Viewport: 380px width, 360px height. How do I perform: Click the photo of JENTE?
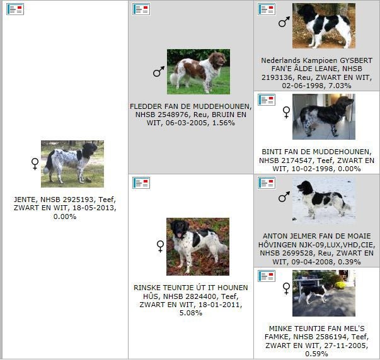(72, 164)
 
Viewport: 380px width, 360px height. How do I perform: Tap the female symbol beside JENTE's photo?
(35, 164)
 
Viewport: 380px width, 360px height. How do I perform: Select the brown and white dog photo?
(199, 72)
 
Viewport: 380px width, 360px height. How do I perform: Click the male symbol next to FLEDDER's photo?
(159, 71)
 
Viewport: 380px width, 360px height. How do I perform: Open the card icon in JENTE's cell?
(15, 9)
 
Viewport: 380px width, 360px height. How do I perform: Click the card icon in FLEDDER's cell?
(141, 9)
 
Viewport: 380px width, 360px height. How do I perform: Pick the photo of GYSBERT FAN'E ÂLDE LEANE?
(324, 26)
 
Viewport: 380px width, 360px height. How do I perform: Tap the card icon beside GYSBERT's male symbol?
(267, 9)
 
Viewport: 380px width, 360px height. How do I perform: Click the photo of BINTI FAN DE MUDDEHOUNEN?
(324, 116)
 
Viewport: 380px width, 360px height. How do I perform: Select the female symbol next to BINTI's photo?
(287, 113)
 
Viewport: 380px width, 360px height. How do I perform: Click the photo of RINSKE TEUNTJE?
(198, 247)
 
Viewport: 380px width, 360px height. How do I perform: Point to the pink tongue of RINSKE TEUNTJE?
(179, 235)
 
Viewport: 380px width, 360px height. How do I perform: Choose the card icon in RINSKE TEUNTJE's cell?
(141, 183)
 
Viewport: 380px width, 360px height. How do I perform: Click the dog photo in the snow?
(324, 200)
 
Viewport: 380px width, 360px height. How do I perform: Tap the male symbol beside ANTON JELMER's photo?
(284, 196)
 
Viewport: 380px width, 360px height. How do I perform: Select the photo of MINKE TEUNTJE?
(324, 293)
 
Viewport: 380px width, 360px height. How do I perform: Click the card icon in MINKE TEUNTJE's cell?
(267, 276)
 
